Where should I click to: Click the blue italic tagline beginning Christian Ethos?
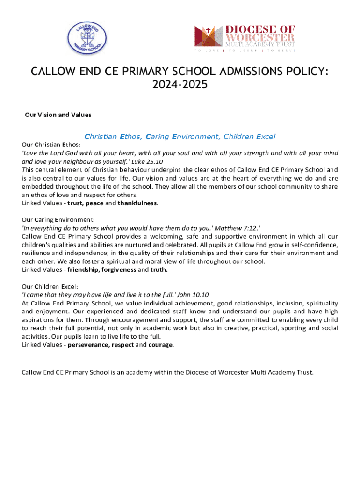180,137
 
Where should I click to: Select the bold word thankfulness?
137,203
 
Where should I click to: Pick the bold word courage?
160,345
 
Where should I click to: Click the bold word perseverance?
89,345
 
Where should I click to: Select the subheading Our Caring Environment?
58,219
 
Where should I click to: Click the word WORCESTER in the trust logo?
260,37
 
